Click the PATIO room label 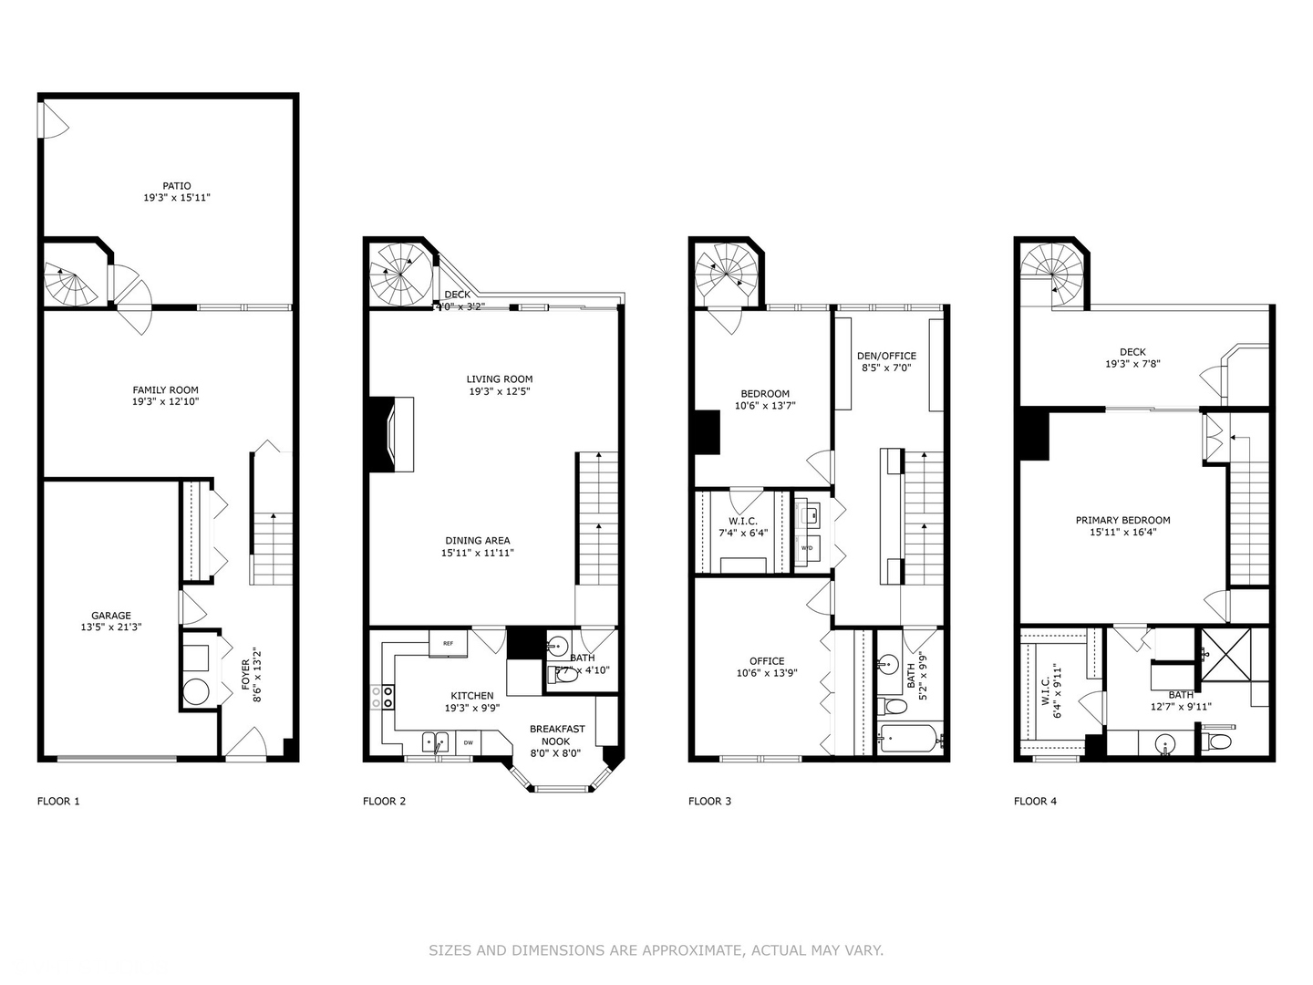(x=177, y=186)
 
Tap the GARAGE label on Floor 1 (x=110, y=616)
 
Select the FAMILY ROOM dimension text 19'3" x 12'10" (x=165, y=401)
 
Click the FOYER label (x=245, y=675)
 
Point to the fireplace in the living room (x=391, y=433)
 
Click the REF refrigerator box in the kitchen (x=448, y=643)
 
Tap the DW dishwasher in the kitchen (x=468, y=743)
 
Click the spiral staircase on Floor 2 (x=399, y=273)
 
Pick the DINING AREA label (x=478, y=540)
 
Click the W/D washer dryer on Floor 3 (x=807, y=548)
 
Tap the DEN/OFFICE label (x=886, y=356)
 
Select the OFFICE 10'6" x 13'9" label (x=767, y=667)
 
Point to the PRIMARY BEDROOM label (x=1122, y=520)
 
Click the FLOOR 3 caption (x=709, y=802)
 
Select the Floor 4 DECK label (x=1132, y=352)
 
